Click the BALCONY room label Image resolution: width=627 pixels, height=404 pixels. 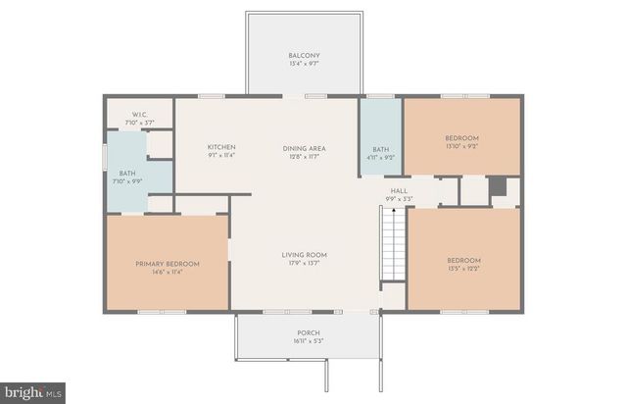pos(304,55)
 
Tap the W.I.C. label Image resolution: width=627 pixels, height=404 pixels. pos(138,115)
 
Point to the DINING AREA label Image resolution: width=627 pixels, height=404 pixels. pos(304,148)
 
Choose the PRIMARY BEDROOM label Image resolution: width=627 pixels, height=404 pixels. pos(168,264)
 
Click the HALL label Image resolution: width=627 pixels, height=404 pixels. pos(399,191)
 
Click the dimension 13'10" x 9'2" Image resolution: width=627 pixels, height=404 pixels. pos(461,146)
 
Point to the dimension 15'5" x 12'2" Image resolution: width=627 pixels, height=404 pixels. pos(463,269)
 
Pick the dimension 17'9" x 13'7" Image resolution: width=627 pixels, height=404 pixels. pos(304,264)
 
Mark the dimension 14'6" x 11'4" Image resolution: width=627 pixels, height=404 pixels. pos(168,273)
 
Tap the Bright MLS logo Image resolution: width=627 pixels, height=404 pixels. pos(32,392)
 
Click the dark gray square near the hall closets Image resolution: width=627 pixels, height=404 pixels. pos(497,186)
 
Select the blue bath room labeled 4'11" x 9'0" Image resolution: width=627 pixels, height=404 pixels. pos(380,137)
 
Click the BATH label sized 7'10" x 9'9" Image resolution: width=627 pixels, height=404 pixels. pos(127,174)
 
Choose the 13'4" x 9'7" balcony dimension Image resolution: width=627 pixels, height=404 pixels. pos(304,64)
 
